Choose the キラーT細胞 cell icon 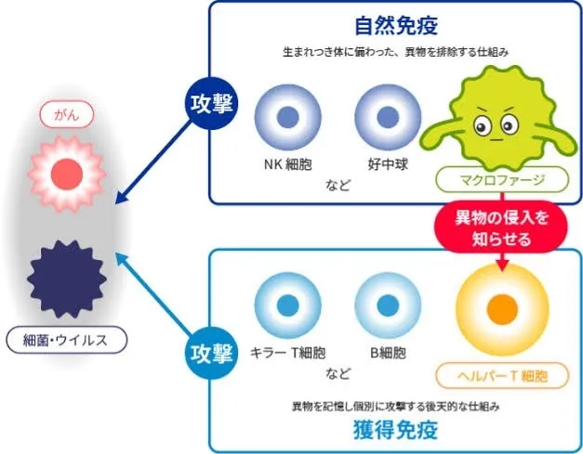pyautogui.click(x=287, y=306)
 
